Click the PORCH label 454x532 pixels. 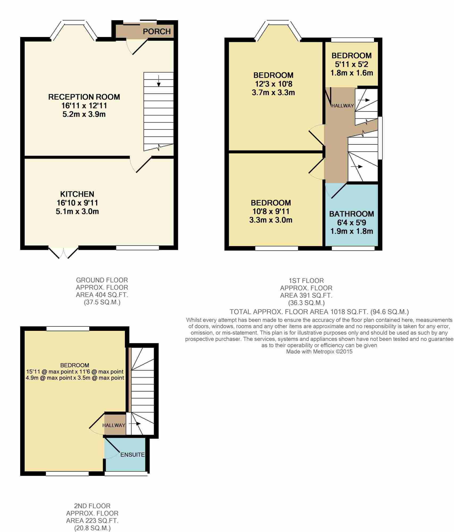156,31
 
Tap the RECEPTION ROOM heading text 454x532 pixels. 84,97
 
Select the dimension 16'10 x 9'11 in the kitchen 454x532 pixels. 77,203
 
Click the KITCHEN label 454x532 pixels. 77,194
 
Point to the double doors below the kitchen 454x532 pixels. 63,253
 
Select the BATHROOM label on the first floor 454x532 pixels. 351,214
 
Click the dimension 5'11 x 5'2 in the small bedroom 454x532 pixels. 351,64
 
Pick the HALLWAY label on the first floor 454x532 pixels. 342,106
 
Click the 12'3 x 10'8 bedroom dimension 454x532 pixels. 273,84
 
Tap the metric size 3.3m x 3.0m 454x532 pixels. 271,220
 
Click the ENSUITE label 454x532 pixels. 132,455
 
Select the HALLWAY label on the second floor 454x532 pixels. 114,425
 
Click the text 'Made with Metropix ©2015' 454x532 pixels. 319,351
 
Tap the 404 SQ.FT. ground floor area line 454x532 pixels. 102,295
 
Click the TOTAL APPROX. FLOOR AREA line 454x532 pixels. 319,312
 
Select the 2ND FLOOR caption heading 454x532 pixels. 92,506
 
